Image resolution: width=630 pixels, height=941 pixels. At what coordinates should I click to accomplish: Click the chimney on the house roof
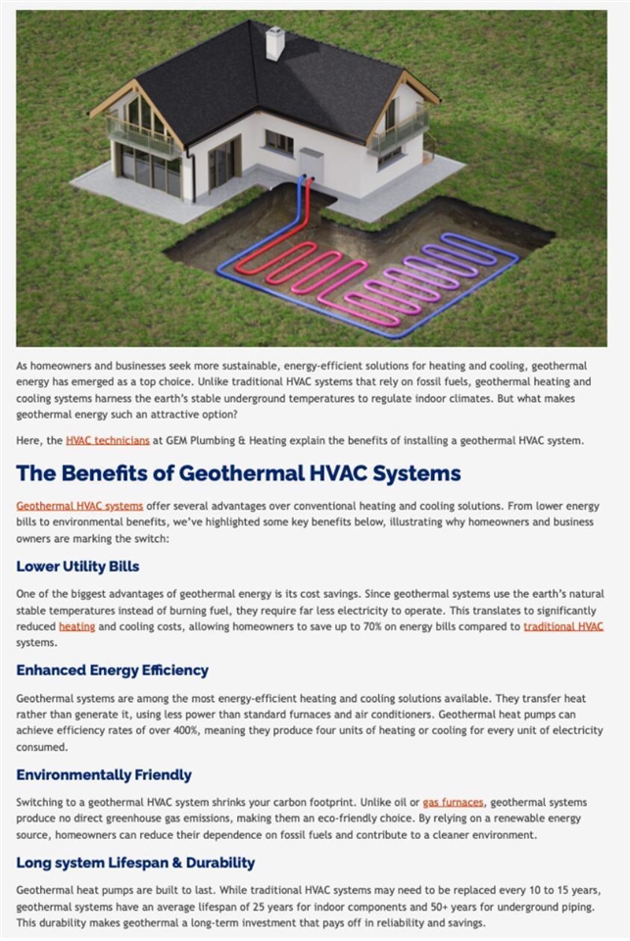[x=275, y=42]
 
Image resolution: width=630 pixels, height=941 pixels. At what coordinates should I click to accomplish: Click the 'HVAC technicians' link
[x=108, y=441]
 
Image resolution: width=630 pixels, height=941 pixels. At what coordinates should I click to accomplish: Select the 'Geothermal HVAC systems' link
[x=79, y=506]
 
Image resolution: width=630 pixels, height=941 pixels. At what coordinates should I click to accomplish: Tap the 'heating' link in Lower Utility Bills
[x=76, y=626]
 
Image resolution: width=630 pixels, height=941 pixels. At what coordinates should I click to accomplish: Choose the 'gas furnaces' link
[x=454, y=802]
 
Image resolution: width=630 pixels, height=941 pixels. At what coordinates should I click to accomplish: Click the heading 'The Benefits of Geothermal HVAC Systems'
[x=238, y=473]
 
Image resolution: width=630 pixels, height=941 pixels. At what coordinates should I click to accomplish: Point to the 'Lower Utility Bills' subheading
[x=77, y=567]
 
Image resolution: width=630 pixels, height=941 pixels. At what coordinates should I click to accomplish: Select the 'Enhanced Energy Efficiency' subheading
[x=112, y=670]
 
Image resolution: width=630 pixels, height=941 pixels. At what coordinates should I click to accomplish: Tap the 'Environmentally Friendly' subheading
[x=104, y=775]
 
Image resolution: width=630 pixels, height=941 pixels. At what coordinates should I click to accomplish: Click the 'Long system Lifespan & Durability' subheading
[x=135, y=863]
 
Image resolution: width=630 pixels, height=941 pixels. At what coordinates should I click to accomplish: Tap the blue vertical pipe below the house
[x=300, y=196]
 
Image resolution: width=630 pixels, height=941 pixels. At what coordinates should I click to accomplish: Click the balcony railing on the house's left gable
[x=140, y=136]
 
